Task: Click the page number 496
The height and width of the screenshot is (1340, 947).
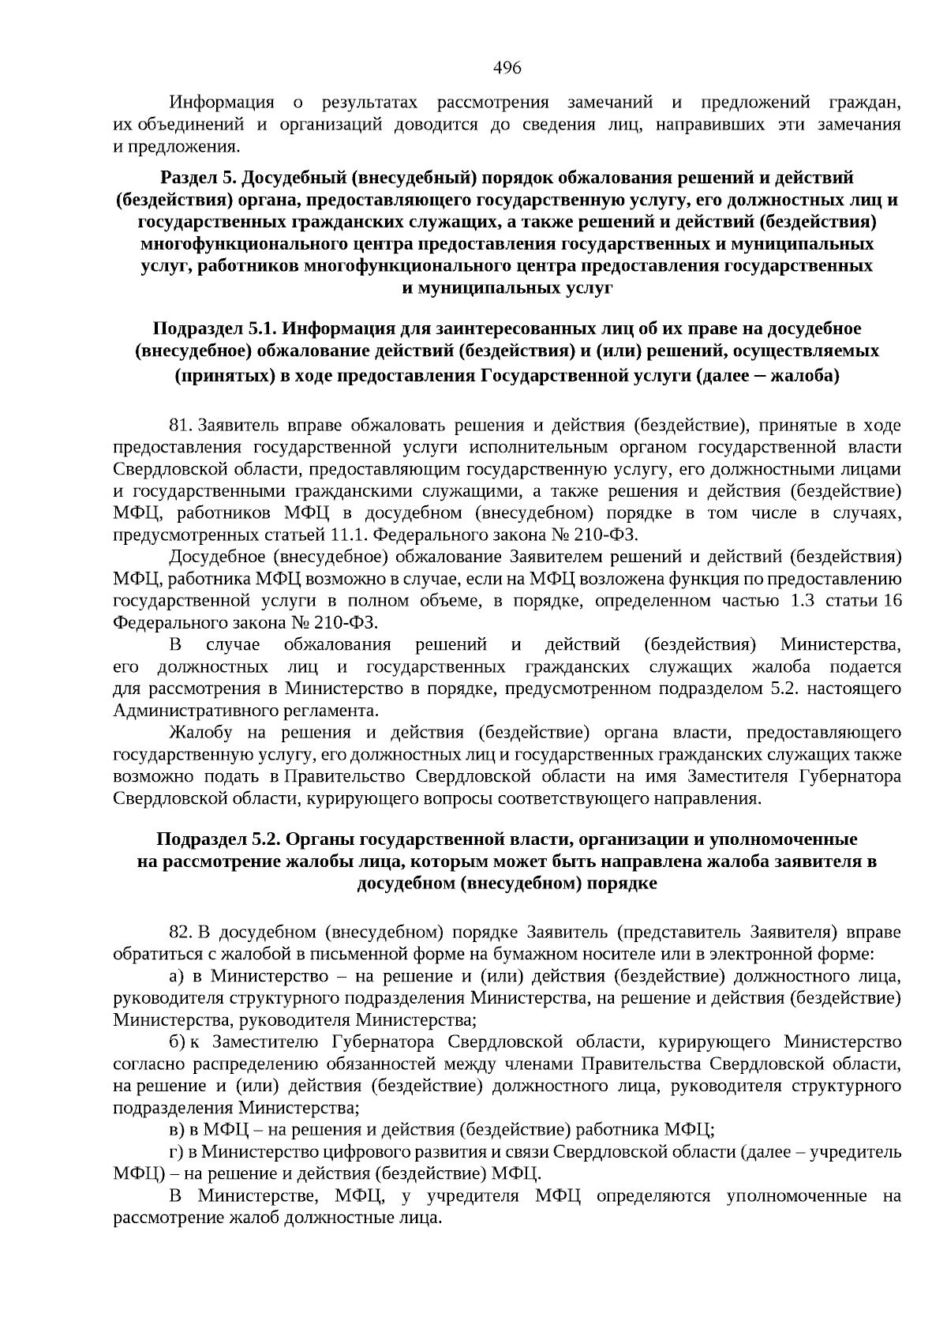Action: coord(507,68)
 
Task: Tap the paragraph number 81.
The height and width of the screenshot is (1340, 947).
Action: coord(181,426)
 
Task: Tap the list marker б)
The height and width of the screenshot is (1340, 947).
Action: coord(176,1042)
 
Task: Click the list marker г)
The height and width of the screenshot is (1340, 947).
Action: coord(175,1151)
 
